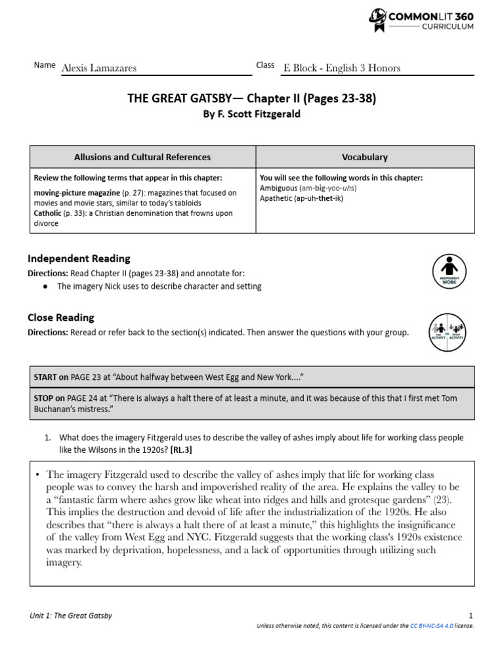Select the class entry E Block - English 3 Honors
pyautogui.click(x=341, y=68)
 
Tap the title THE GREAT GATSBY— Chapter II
pyautogui.click(x=251, y=98)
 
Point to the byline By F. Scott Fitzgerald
pyautogui.click(x=251, y=114)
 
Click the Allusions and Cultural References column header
pyautogui.click(x=142, y=157)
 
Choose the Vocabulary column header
pyautogui.click(x=365, y=157)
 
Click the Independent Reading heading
pyautogui.click(x=79, y=259)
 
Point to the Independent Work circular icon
pyautogui.click(x=450, y=271)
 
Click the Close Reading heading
pyautogui.click(x=61, y=318)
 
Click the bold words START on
pyautogui.click(x=51, y=377)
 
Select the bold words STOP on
pyautogui.click(x=49, y=398)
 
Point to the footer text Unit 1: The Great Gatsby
pyautogui.click(x=71, y=615)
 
